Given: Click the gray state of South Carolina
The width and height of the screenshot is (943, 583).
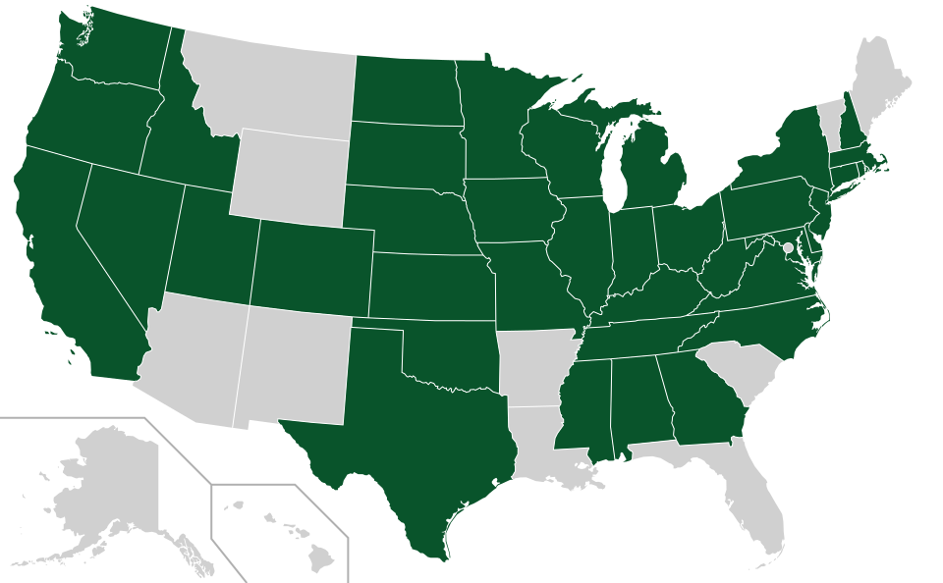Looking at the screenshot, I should click(x=747, y=373).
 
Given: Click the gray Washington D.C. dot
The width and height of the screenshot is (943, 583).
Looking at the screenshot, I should click(x=787, y=247).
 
